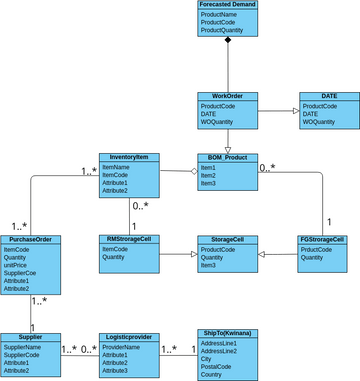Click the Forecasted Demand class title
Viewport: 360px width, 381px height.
228,5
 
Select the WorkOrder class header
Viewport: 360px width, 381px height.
228,97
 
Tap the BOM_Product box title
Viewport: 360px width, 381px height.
228,158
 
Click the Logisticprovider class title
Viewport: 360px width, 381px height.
129,338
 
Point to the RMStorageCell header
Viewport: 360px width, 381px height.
129,240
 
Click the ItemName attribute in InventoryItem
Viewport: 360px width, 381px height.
116,167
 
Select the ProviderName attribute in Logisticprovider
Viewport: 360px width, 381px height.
121,347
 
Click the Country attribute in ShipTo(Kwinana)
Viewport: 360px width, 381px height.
213,374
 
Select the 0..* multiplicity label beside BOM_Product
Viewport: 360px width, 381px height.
267,167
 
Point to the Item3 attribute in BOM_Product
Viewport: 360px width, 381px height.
208,183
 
